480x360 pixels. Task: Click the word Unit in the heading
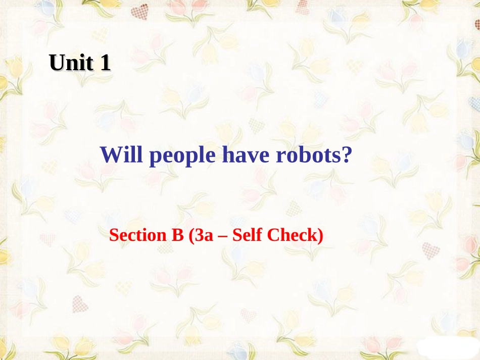tap(72, 63)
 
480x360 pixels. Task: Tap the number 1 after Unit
tap(105, 63)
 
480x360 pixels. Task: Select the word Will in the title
tap(121, 155)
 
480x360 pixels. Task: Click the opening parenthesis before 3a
tap(191, 236)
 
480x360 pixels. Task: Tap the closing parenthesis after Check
tap(320, 236)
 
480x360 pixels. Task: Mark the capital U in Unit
tap(57, 63)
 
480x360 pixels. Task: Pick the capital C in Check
tap(276, 235)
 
